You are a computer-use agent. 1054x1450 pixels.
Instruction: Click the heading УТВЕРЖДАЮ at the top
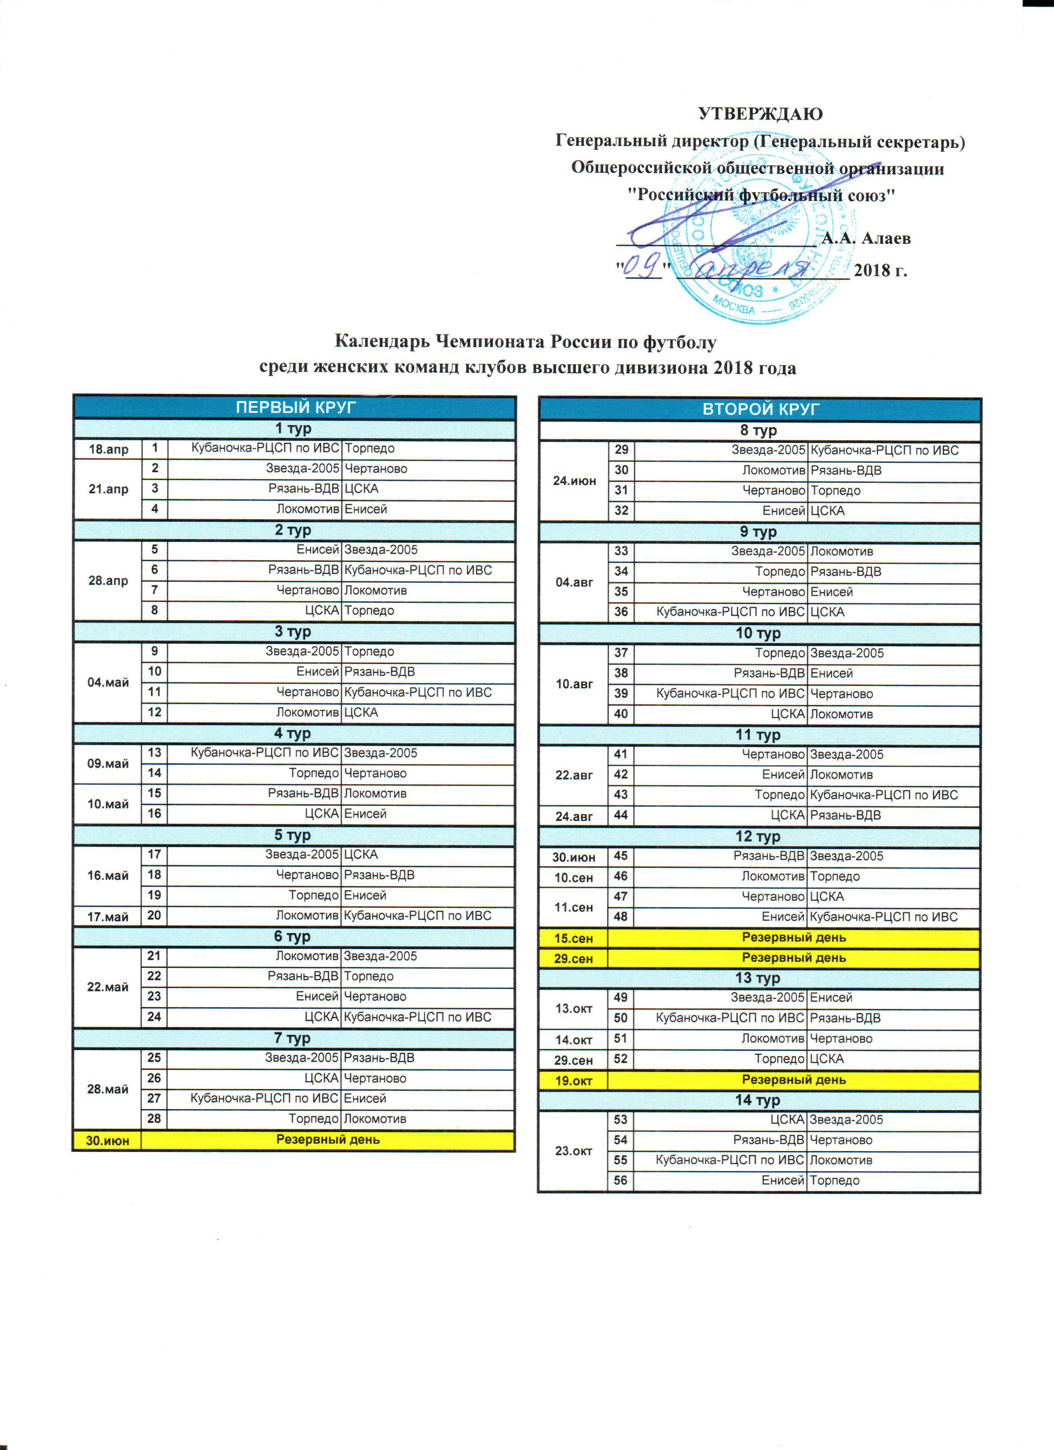760,115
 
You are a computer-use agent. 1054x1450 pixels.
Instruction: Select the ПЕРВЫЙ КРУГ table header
295,407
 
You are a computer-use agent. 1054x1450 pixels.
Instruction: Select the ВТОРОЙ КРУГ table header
760,409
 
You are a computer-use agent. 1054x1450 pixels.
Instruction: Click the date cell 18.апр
108,449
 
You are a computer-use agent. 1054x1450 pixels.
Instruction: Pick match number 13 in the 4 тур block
155,752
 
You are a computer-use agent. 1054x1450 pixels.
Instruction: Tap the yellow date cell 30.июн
107,1140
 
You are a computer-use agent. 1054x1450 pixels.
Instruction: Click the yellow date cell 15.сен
573,938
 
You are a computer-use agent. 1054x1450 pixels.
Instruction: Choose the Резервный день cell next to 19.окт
793,1080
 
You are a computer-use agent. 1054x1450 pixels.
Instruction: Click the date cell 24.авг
573,816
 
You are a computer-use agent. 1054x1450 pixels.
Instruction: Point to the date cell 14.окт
573,1039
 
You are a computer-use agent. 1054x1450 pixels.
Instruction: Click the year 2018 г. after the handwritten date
880,270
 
